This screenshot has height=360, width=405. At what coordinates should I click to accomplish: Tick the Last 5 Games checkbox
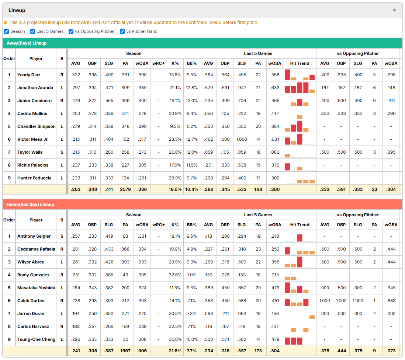pos(32,31)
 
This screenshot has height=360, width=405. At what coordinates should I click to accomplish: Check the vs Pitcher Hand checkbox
pos(122,31)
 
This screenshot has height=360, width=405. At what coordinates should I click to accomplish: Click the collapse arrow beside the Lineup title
pos(394,10)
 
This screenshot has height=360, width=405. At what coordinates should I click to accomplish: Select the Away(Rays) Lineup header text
pos(27,43)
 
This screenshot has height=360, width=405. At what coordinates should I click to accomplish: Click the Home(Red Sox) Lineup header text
pos(31,205)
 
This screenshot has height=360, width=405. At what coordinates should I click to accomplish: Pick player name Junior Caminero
pos(34,101)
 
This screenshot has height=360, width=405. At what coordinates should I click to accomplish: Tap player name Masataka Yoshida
pos(36,288)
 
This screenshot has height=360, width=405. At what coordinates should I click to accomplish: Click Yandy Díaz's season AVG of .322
pos(76,75)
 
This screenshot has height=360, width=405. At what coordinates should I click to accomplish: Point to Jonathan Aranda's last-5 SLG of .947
pos(242,88)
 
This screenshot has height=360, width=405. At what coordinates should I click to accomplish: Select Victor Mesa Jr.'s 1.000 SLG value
pos(242,139)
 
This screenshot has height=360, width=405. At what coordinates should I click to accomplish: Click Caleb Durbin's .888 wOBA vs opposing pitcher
pos(391,301)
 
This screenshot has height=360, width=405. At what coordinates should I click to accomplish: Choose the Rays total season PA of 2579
pos(125,189)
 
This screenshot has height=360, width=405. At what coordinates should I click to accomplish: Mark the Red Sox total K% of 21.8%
pos(175,351)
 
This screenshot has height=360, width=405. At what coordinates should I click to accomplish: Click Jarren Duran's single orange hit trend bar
pos(312,317)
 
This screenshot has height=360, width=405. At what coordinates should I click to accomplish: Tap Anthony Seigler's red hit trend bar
pos(300,238)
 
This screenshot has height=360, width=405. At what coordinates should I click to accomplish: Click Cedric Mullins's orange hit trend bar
pos(300,117)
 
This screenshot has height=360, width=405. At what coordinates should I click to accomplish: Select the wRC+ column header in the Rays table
pos(158,63)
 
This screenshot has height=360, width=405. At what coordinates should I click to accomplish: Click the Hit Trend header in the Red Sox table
pos(300,225)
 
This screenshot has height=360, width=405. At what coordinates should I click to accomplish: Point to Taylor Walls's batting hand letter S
pos(62,152)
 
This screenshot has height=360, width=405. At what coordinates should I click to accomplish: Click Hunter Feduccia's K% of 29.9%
pos(175,178)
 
